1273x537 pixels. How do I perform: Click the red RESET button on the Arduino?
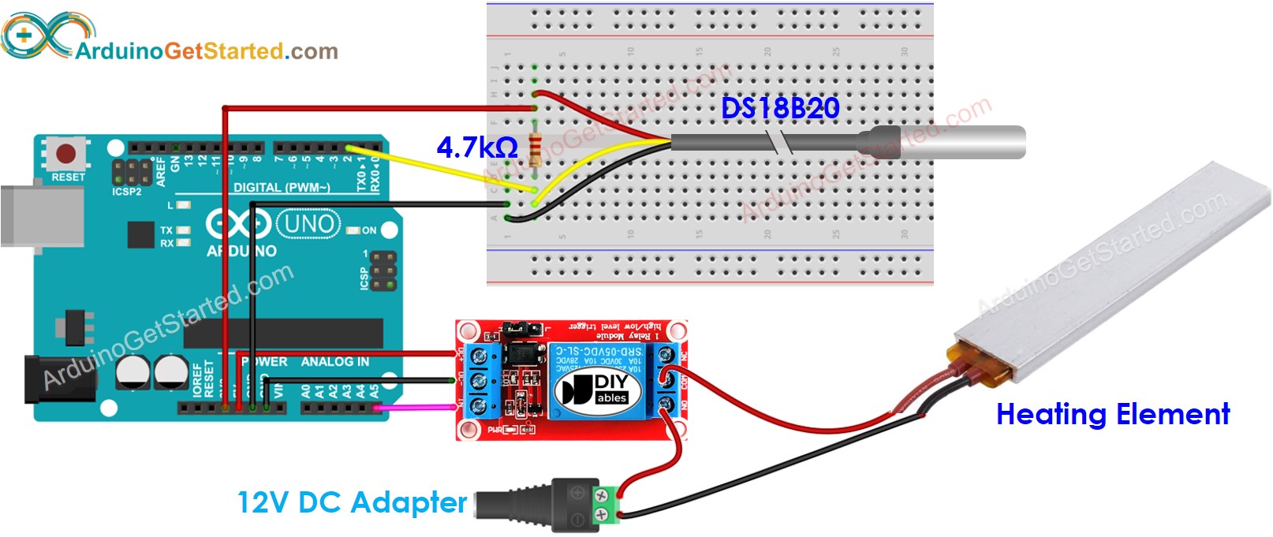(x=66, y=153)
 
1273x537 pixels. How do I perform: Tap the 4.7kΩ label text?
(x=476, y=147)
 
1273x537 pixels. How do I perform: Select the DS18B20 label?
(x=780, y=108)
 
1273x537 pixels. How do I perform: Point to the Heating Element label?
(x=1112, y=414)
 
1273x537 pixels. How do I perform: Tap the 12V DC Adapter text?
(x=352, y=502)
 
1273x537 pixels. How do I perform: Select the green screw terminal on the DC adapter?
(x=605, y=505)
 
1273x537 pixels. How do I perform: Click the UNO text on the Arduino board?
(x=308, y=224)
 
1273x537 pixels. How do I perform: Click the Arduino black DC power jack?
(x=59, y=380)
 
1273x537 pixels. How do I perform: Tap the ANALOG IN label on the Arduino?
(x=334, y=361)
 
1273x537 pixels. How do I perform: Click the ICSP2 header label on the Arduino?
(x=126, y=192)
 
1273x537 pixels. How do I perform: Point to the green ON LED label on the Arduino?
(x=368, y=230)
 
